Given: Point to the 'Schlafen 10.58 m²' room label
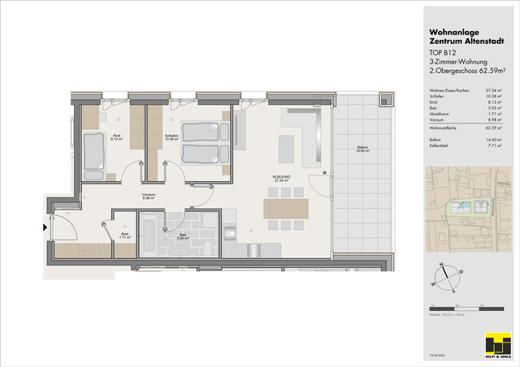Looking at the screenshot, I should tap(171, 136).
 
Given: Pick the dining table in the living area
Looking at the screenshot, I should tap(287, 208).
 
